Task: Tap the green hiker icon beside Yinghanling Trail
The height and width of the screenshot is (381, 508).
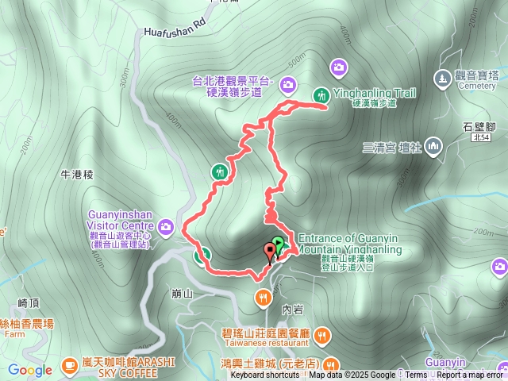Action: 321,94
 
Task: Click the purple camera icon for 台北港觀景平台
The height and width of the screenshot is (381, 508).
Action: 287,83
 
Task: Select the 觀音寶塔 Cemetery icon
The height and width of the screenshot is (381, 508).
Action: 442,79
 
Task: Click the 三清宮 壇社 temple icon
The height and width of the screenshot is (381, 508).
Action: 433,146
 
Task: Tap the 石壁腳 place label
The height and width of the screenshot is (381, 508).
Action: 479,126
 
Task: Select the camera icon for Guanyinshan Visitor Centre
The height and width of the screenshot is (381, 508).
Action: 166,229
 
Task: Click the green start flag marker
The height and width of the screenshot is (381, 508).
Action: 278,244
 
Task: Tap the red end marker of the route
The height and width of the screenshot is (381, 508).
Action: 270,253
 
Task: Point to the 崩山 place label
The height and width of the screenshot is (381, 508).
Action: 182,293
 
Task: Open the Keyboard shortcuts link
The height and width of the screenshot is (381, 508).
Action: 265,375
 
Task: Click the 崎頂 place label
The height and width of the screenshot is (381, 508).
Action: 28,303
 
